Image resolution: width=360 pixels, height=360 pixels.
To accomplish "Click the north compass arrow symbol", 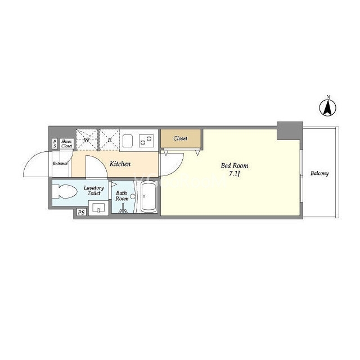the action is click(x=327, y=108).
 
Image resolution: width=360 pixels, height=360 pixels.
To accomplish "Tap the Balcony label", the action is click(x=319, y=173).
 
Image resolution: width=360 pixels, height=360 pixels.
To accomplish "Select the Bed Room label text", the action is click(x=235, y=165).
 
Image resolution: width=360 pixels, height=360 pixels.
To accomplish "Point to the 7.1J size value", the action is click(x=235, y=174).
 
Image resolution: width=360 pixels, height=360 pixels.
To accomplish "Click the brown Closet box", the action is click(x=181, y=138).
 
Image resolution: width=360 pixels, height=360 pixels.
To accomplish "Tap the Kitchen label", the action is click(x=120, y=164).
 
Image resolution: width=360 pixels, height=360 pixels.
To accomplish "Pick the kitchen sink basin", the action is click(x=128, y=141).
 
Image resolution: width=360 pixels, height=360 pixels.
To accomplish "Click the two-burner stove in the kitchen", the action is click(x=146, y=141).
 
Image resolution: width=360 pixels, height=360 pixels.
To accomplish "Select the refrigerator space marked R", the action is click(x=110, y=140).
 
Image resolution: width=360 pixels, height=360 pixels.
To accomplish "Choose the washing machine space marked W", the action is click(x=87, y=140).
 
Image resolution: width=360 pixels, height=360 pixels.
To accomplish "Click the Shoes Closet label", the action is click(x=67, y=144).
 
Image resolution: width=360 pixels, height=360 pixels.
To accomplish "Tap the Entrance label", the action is click(x=60, y=164).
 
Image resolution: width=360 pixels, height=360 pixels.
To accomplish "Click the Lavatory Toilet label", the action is click(x=94, y=190).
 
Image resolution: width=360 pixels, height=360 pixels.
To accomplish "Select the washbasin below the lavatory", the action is click(x=98, y=208).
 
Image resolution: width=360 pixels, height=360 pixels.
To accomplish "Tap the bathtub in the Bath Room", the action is click(x=148, y=197).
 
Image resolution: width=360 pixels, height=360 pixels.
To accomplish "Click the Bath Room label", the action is click(x=121, y=196).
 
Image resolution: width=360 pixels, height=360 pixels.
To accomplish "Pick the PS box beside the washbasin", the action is click(x=81, y=213).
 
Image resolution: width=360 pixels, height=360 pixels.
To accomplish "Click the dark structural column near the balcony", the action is click(x=290, y=131).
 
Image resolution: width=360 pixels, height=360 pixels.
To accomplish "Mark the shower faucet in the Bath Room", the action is click(x=123, y=209).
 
